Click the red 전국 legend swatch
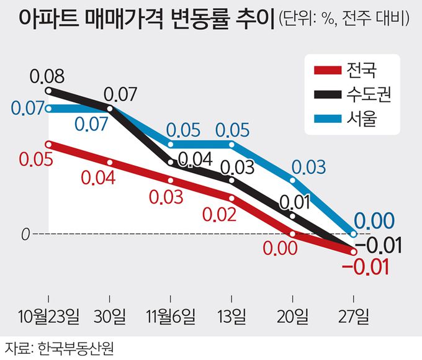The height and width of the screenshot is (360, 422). (328, 70)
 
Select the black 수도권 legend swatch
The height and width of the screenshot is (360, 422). (328, 94)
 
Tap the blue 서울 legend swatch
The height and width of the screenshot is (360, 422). (328, 119)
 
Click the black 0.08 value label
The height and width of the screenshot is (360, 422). (47, 78)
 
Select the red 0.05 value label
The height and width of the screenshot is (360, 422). (35, 159)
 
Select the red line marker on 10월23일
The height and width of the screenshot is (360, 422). (50, 144)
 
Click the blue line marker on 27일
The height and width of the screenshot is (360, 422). (354, 234)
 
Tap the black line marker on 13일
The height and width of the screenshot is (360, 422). (232, 181)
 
